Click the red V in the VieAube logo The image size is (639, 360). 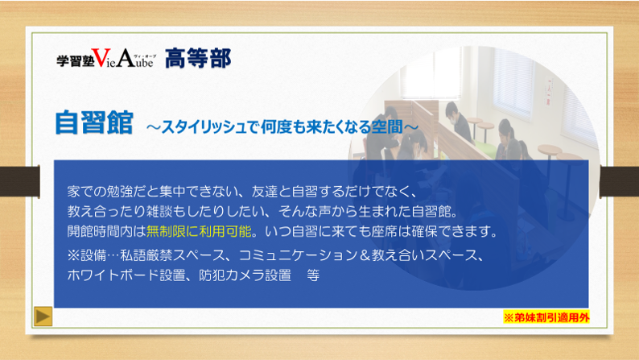click(101, 58)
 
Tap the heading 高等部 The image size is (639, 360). click(198, 58)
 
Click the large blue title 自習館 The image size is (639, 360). click(94, 122)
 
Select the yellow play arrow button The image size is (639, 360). click(43, 317)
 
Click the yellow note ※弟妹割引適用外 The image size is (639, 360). click(546, 317)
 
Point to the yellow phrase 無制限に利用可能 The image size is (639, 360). click(199, 232)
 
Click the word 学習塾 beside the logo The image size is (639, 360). click(75, 60)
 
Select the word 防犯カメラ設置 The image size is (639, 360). click(245, 275)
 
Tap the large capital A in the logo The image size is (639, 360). click(126, 58)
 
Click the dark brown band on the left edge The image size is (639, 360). click(19, 181)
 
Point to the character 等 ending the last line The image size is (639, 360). click(313, 275)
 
